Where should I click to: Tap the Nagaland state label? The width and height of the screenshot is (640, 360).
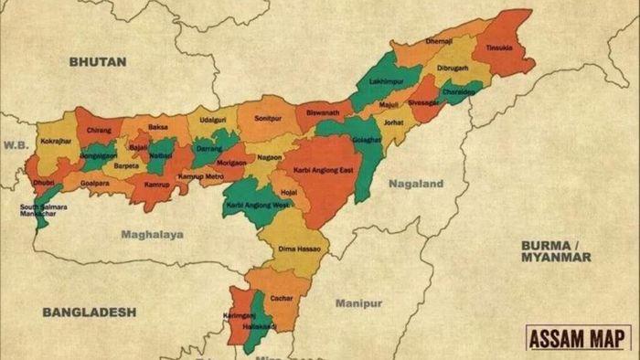(416, 184)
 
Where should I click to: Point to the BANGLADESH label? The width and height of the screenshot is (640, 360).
(90, 312)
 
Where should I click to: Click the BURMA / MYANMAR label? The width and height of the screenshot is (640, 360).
(556, 251)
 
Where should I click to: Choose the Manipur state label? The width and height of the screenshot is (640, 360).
(358, 302)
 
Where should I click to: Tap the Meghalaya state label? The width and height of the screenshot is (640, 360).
(153, 235)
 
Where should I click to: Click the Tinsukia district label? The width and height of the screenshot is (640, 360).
(499, 48)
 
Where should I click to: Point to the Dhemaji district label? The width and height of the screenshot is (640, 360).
(440, 42)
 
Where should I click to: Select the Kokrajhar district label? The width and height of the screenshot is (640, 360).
(56, 142)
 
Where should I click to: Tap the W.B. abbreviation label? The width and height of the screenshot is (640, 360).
(16, 143)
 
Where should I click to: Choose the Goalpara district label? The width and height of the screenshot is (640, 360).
(95, 183)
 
